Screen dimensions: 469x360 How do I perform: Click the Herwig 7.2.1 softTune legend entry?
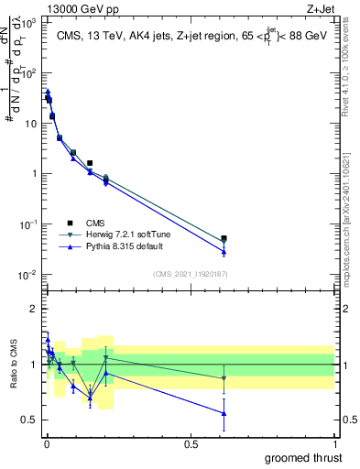click(x=115, y=234)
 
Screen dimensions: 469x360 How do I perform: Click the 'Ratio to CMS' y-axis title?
click(x=13, y=364)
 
